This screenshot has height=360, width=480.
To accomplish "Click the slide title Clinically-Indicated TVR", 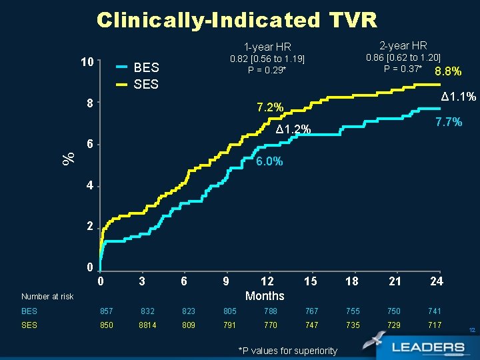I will tap(237, 20).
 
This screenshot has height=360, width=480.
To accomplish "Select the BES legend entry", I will tap(146, 67).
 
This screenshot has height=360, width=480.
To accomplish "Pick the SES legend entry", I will tap(146, 84).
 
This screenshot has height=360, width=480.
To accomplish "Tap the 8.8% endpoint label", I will tap(447, 72).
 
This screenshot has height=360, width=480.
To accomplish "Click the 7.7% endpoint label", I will tap(449, 122).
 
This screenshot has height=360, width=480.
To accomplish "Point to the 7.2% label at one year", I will tap(270, 107).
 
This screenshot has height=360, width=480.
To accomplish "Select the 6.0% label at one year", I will tap(269, 161).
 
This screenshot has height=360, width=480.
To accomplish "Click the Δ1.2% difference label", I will tap(293, 129).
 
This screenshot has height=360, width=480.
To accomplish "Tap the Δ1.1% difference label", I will tap(459, 97).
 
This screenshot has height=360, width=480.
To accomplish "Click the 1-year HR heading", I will tap(267, 47).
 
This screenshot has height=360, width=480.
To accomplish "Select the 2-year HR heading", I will tap(403, 46).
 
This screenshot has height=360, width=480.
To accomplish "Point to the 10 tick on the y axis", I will tap(86, 62).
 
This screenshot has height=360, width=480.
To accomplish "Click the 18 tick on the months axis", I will tap(351, 281).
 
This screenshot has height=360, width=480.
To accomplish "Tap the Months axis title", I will tap(265, 296).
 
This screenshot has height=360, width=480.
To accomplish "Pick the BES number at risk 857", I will tap(107, 311).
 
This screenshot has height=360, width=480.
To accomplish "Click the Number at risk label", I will tap(47, 297).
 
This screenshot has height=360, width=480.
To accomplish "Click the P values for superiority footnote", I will tap(287, 351).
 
